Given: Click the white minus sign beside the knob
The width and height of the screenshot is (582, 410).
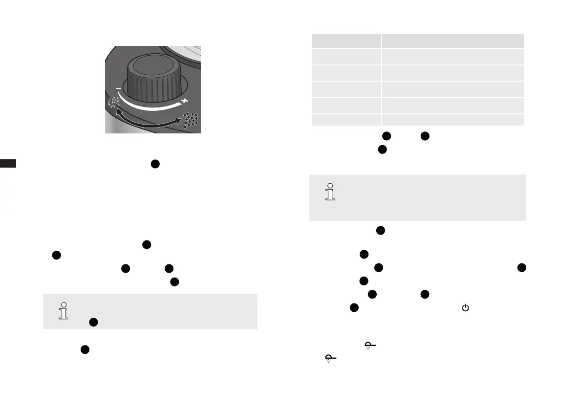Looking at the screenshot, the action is coord(118,88).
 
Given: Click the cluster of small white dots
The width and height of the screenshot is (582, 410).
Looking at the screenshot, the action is coord(114,102).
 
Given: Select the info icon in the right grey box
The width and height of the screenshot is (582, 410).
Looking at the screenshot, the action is coord(331,192).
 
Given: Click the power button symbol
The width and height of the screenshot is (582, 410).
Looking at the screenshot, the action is coord(465,308).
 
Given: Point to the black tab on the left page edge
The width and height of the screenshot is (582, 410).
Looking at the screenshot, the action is coord(8,164).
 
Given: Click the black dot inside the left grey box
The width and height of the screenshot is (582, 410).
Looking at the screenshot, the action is coord(94,322).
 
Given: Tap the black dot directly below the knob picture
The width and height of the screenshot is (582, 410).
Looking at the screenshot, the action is coord(155,164).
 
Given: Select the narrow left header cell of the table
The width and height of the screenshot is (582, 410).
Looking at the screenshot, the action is coord(346,41).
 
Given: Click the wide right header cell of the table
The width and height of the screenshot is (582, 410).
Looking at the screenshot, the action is coord(453,41).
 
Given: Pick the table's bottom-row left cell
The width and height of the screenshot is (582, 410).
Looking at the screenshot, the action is coord(346,120).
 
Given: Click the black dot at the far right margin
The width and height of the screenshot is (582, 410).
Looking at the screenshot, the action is coord(522,267).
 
